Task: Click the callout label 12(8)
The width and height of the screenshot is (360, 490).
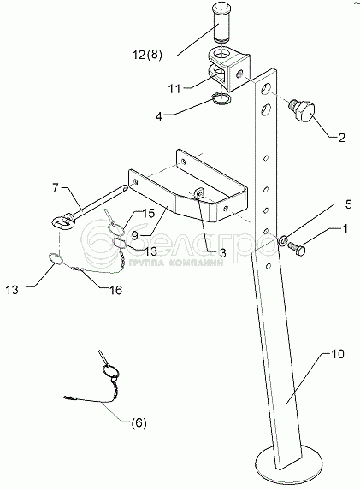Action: click(147, 55)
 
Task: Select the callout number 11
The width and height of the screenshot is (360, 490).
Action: click(174, 89)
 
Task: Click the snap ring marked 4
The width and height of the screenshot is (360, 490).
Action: click(221, 99)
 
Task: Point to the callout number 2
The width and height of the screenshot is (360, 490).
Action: click(342, 138)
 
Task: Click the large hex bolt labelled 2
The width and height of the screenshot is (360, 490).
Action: click(302, 111)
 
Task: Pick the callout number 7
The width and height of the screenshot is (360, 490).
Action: click(56, 188)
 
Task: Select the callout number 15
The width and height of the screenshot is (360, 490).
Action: click(149, 214)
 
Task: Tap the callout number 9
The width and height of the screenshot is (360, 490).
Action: click(135, 235)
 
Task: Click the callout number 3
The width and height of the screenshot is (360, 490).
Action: click(222, 253)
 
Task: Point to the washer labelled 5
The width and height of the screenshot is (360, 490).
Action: click(283, 240)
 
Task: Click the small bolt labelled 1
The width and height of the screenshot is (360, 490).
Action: click(296, 248)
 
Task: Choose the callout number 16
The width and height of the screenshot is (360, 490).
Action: click(116, 290)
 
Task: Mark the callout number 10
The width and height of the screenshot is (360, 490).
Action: click(338, 354)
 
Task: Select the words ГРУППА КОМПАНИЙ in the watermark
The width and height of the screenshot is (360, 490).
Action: click(176, 263)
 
